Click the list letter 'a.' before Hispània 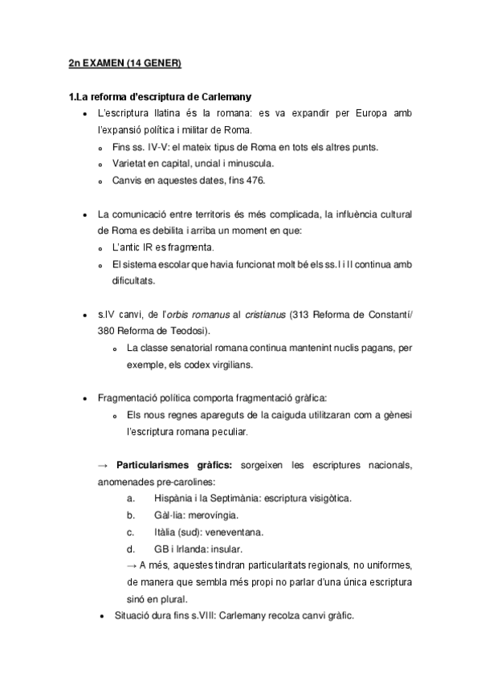click(x=130, y=498)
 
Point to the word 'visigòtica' click(x=324, y=498)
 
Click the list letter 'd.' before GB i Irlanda click(x=130, y=548)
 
